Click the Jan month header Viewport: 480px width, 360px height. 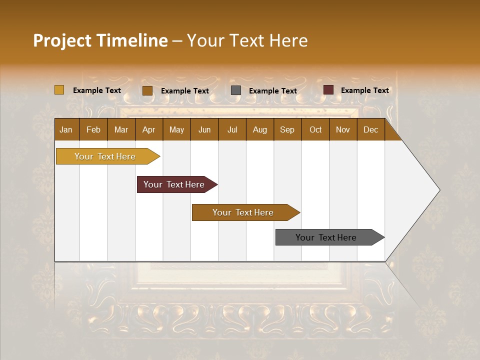[x=66, y=129]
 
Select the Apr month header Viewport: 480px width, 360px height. [x=148, y=129]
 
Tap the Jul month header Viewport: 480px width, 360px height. [x=232, y=129]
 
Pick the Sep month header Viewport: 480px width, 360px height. [x=287, y=129]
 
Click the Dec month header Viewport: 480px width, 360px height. [x=370, y=129]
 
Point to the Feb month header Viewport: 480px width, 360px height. [x=93, y=129]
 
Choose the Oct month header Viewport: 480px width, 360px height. [x=315, y=129]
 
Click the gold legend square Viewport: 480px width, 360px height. [x=59, y=90]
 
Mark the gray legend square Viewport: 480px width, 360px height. [x=236, y=90]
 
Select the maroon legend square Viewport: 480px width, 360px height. [x=328, y=90]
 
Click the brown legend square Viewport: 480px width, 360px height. [x=147, y=90]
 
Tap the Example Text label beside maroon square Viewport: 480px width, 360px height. [x=364, y=90]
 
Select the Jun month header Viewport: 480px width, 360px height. [x=204, y=129]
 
